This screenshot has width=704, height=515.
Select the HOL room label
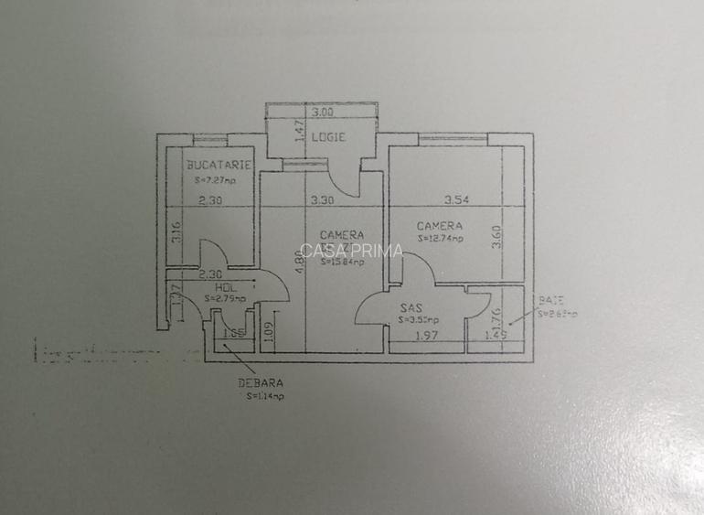pyautogui.click(x=214, y=285)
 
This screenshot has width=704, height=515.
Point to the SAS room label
pyautogui.click(x=410, y=309)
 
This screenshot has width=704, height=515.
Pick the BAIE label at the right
pyautogui.click(x=550, y=300)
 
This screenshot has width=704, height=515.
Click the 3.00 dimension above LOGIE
pyautogui.click(x=321, y=113)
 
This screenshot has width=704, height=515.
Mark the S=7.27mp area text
pyautogui.click(x=214, y=181)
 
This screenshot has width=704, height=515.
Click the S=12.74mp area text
pyautogui.click(x=441, y=239)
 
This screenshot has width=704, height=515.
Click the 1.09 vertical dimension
pyautogui.click(x=266, y=330)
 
